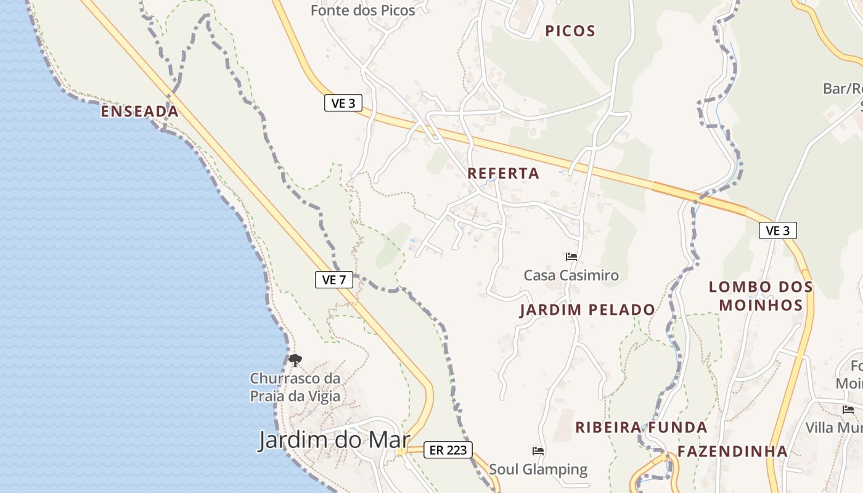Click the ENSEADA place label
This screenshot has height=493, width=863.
(x=139, y=112)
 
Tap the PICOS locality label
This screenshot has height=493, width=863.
(x=570, y=31)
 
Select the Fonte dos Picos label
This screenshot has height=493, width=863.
(x=362, y=10)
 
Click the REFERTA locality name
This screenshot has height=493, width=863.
(x=503, y=174)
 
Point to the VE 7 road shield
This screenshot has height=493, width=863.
(x=334, y=280)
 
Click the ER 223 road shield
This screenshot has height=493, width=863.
(x=448, y=450)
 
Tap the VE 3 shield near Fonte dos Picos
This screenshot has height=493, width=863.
(x=343, y=103)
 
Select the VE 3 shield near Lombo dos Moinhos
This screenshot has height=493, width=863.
(x=777, y=230)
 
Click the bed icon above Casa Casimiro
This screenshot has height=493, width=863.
(x=571, y=256)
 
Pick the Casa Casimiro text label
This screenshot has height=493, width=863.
(x=571, y=275)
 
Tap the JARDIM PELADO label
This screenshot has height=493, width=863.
(x=587, y=309)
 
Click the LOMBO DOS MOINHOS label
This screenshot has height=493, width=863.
(x=761, y=296)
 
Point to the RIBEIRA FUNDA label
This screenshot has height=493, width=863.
(x=641, y=427)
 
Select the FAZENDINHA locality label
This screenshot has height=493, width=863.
(x=732, y=451)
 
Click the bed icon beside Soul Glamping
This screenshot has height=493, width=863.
(x=538, y=451)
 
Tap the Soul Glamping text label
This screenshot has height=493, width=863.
(x=538, y=470)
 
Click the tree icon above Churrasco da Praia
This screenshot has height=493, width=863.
(x=295, y=360)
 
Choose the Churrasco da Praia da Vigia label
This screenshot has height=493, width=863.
(x=295, y=387)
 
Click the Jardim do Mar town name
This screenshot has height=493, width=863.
(x=333, y=440)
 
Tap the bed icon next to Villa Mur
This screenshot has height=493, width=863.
(x=848, y=410)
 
